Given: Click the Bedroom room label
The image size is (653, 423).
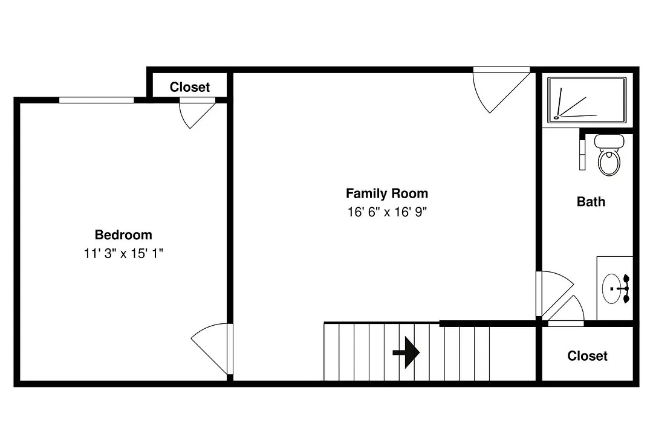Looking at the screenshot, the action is (123, 235).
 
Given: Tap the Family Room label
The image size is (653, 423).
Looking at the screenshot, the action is (387, 193).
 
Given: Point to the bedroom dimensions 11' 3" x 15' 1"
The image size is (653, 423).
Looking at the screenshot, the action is (123, 253).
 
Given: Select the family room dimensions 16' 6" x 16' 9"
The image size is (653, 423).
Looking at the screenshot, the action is (388, 212).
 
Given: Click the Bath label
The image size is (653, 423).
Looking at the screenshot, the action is (591, 202).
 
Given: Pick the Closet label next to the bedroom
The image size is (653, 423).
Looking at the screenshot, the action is (189, 87).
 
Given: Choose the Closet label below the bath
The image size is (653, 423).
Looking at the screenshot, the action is (587, 356).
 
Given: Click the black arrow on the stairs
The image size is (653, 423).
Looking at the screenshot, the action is (406, 353).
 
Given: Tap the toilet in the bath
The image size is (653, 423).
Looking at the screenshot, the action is (609, 155).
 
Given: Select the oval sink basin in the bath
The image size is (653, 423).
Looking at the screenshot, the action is (611, 288).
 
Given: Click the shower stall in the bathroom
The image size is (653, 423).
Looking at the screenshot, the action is (586, 100).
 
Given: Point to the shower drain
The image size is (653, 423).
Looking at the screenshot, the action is (556, 118).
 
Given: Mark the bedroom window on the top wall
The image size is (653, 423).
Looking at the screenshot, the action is (96, 100).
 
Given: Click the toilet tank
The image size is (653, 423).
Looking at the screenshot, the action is (609, 141).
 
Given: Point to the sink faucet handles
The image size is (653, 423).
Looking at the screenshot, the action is (626, 288).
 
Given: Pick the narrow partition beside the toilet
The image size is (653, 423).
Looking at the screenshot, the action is (582, 151).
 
